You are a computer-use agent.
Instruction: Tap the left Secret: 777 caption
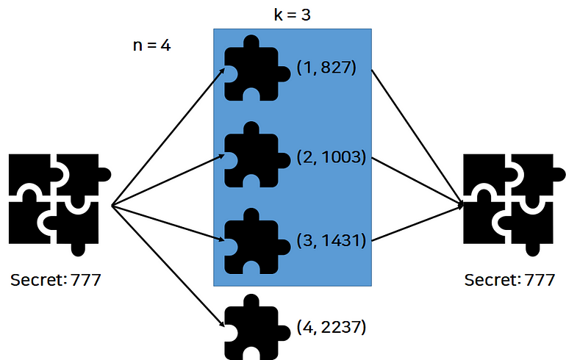point(56,280)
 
